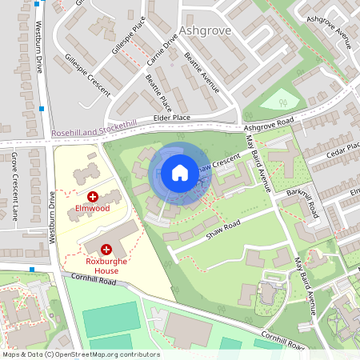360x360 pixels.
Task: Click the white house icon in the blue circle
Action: coord(179,172)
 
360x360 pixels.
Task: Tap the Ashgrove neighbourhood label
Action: coord(206,31)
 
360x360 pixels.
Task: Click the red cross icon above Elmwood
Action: coord(93,196)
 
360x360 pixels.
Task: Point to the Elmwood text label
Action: coord(92,209)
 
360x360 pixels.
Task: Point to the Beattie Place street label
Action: coord(158,92)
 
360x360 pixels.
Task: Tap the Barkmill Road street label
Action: coord(306,202)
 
